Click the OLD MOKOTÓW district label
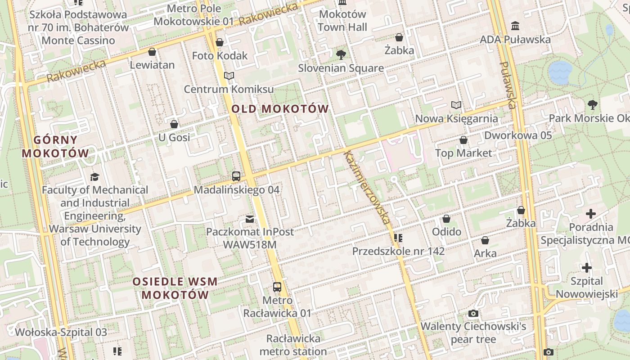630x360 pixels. [280, 109]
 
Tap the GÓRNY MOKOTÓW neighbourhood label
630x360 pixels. [56, 147]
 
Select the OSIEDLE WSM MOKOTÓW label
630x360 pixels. [175, 288]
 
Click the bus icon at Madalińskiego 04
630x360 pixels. [236, 176]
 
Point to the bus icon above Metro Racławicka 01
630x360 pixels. [277, 287]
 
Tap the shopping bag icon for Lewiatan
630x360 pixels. [152, 52]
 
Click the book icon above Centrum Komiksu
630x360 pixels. [229, 76]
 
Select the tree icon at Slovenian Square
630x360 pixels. [341, 55]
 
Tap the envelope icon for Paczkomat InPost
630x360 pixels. [250, 219]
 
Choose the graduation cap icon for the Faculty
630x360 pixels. [94, 176]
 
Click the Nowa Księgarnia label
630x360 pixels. [456, 119]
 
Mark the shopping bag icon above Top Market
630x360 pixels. [463, 140]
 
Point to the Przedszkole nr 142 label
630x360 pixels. [398, 251]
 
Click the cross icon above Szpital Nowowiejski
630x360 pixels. [586, 268]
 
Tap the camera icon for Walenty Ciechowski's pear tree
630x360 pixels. [473, 313]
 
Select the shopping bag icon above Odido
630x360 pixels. [446, 219]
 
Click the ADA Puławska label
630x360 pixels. [515, 40]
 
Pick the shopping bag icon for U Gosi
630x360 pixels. [174, 124]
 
